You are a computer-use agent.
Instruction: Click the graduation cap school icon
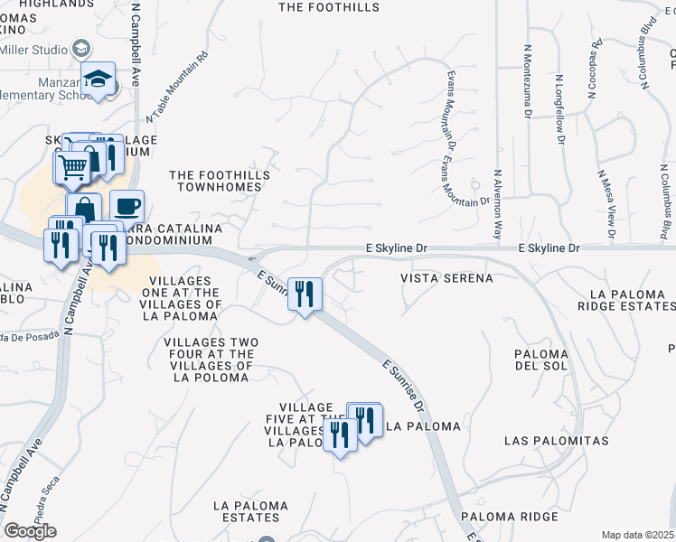(98, 78)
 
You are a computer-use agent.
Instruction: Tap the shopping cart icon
(72, 166)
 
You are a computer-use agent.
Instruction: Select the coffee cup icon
(127, 206)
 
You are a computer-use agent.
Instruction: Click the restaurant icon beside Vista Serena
(305, 294)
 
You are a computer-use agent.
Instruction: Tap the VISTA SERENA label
(447, 279)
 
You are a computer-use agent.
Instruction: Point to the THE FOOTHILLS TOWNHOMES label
(215, 181)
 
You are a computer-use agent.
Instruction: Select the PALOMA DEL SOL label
(540, 359)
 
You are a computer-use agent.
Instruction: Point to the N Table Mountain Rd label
(176, 87)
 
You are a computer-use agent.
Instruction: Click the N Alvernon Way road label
(497, 203)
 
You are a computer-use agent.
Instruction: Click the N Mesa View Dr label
(606, 204)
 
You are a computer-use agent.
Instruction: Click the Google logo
(30, 531)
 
